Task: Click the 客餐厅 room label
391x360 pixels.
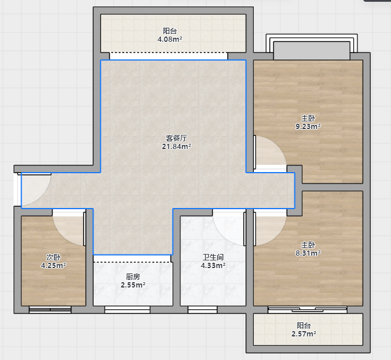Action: (176, 138)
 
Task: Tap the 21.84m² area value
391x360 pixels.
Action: (176, 146)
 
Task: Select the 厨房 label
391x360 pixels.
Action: (133, 276)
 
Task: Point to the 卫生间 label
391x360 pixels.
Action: (213, 257)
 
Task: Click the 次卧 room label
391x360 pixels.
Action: (54, 257)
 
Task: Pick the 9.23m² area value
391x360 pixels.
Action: (308, 126)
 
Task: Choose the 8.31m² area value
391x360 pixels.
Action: (308, 253)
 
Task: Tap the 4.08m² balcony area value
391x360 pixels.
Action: (170, 39)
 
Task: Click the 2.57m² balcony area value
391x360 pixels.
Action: (304, 333)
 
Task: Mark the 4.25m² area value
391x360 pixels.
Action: (54, 265)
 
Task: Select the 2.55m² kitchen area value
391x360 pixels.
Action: (133, 285)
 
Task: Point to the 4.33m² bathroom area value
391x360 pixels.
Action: (213, 265)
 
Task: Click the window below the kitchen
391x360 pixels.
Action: (127, 309)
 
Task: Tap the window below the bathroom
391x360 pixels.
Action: (203, 309)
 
